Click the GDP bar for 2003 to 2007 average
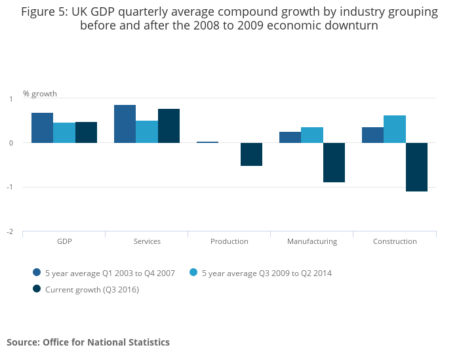[42, 128]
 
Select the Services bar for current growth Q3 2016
[169, 126]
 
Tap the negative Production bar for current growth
[251, 154]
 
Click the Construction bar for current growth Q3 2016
[416, 167]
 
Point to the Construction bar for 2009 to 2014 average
[395, 129]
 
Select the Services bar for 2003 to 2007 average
[125, 124]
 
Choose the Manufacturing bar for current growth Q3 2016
[334, 163]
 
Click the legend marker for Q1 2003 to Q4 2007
[37, 273]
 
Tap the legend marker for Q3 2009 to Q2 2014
[193, 273]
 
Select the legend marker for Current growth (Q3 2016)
[37, 289]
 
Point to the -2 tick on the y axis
[9, 231]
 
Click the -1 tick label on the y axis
[9, 188]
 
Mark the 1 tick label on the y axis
[10, 99]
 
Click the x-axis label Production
[229, 241]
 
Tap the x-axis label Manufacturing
[312, 241]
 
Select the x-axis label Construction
[395, 241]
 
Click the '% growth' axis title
[40, 93]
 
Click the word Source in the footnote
[22, 342]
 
